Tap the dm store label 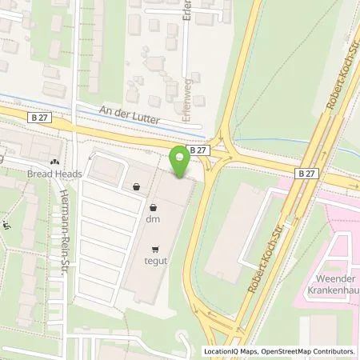[152, 218]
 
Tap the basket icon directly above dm [138, 187]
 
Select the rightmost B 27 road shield [306, 173]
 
